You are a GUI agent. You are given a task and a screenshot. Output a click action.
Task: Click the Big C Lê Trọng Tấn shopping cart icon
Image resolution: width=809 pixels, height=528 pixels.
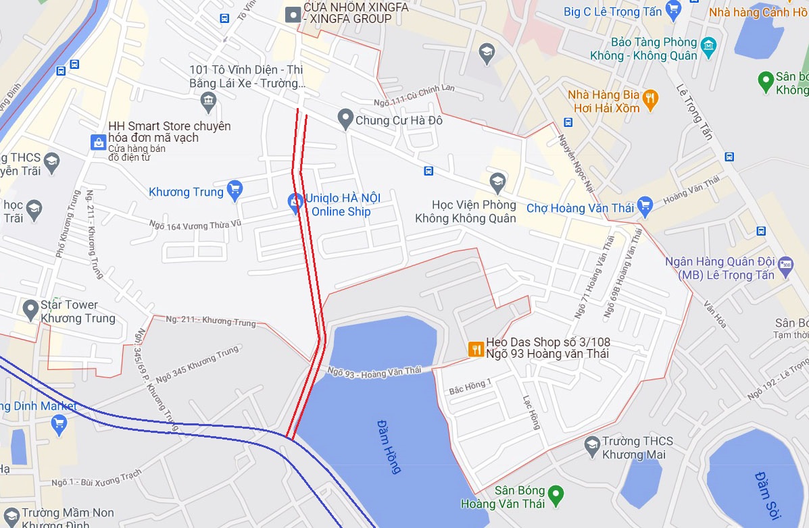672,10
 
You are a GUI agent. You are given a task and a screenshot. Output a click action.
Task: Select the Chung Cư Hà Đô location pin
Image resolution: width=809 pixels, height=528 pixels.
345,120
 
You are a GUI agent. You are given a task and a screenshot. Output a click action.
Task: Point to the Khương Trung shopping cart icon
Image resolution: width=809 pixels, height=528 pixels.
235,192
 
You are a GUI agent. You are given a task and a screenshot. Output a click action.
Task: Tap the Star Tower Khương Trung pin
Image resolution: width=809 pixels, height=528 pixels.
30,311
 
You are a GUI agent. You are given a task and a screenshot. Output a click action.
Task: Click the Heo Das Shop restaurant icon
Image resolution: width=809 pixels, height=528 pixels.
476,348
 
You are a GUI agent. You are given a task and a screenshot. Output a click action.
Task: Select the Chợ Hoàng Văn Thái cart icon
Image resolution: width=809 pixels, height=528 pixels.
645,207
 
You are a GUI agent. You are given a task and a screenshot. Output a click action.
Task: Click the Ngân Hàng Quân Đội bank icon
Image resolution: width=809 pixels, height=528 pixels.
785,264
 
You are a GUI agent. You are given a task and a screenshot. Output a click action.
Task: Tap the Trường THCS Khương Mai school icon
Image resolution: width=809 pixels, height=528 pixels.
592,444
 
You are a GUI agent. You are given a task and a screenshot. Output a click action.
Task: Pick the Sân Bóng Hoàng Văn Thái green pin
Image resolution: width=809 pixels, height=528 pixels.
556,494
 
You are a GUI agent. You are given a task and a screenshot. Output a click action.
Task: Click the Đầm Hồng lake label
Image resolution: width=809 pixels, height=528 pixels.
389,446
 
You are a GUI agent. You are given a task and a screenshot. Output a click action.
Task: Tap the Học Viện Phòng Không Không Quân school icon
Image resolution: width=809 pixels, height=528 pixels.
497,182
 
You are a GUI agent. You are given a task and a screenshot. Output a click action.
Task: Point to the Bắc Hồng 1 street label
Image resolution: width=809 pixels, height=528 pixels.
470,386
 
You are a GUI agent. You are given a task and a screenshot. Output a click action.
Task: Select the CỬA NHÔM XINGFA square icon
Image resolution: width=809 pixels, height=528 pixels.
293,14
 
